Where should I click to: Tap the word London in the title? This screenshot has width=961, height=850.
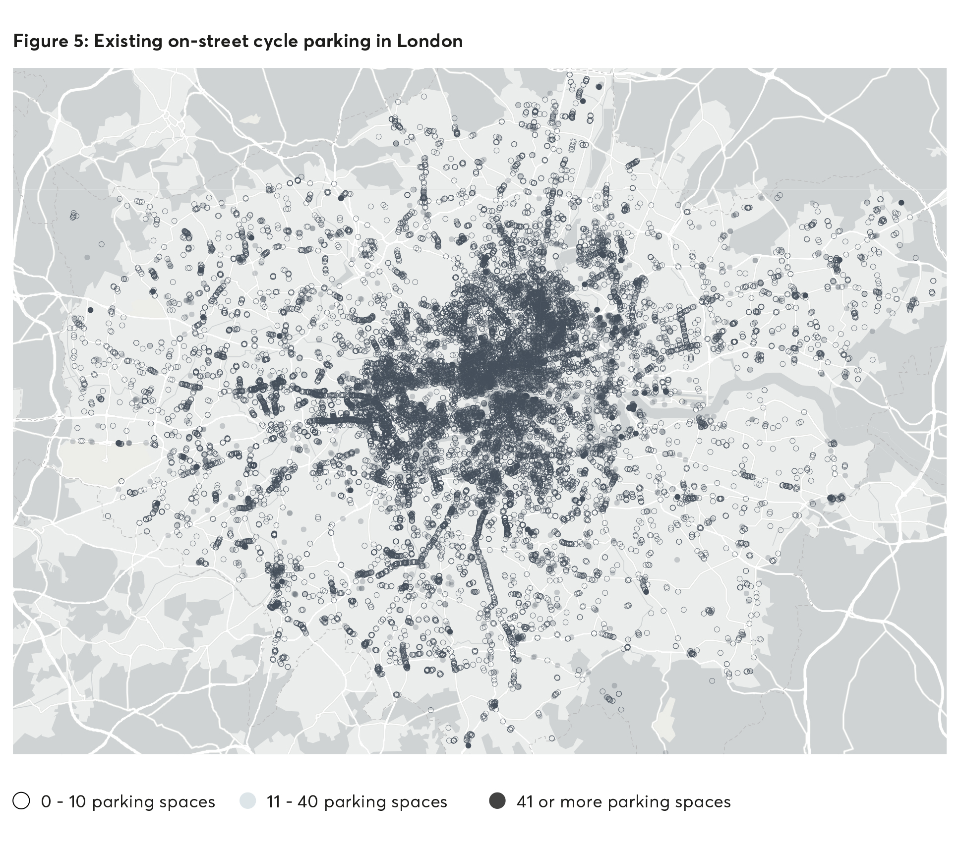tap(429, 42)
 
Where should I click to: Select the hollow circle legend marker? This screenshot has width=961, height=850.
tap(21, 801)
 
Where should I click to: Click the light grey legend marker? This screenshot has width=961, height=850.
tap(247, 801)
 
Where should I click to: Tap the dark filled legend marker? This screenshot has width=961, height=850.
tap(497, 801)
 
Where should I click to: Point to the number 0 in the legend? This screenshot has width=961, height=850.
tap(46, 802)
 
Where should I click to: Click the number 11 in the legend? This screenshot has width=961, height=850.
tap(274, 802)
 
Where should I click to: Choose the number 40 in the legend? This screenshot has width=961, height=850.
tap(307, 802)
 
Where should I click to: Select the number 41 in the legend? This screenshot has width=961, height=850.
tap(525, 802)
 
